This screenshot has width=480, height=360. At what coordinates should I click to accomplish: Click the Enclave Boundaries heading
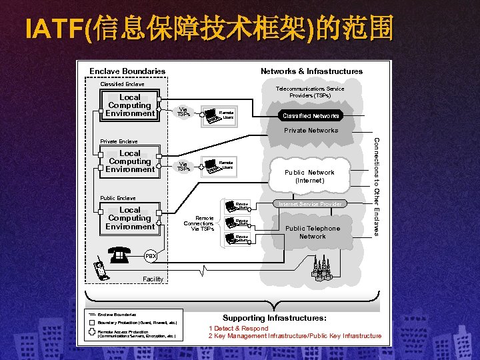click(127, 71)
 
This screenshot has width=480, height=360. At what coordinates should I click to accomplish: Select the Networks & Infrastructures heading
click(311, 71)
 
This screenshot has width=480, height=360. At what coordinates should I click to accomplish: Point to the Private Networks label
click(311, 131)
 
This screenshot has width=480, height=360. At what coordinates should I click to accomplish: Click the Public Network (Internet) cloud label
click(309, 176)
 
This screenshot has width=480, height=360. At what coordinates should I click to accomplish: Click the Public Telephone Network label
click(312, 232)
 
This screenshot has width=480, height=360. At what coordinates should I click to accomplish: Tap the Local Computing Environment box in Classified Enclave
click(129, 105)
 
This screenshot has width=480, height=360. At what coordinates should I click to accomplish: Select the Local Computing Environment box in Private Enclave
click(129, 161)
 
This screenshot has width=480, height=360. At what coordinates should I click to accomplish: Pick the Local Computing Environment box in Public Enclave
click(129, 218)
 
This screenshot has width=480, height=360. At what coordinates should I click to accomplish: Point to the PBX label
click(151, 255)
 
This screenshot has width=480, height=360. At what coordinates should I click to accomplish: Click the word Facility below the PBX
click(153, 279)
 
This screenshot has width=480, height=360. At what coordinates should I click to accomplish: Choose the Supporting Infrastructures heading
click(275, 318)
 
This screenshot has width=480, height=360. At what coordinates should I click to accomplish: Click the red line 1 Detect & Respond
click(239, 328)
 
